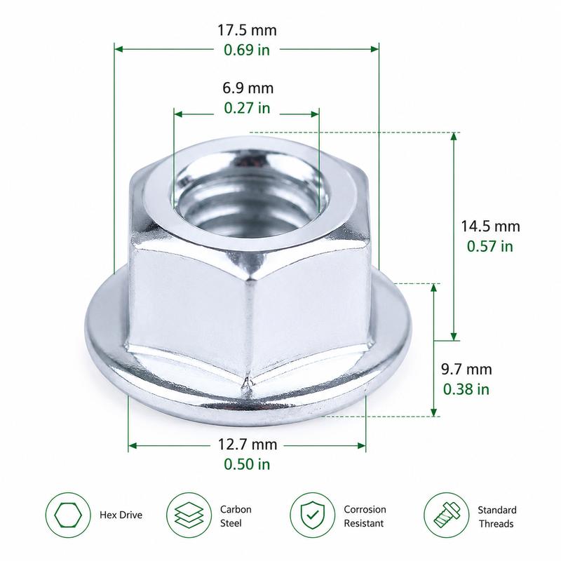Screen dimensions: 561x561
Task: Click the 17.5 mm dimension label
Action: click(x=248, y=30)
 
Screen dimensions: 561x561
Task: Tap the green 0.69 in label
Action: click(x=247, y=50)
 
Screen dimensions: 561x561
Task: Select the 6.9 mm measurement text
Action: click(x=248, y=88)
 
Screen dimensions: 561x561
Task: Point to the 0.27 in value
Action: click(x=247, y=108)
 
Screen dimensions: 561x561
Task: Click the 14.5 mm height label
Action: click(x=490, y=227)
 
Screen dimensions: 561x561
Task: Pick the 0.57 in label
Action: click(x=489, y=246)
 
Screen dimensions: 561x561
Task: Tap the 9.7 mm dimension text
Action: click(x=466, y=370)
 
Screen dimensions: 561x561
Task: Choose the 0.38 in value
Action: click(x=466, y=389)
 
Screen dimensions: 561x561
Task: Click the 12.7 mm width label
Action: click(x=248, y=445)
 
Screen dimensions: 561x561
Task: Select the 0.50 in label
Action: click(x=247, y=464)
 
